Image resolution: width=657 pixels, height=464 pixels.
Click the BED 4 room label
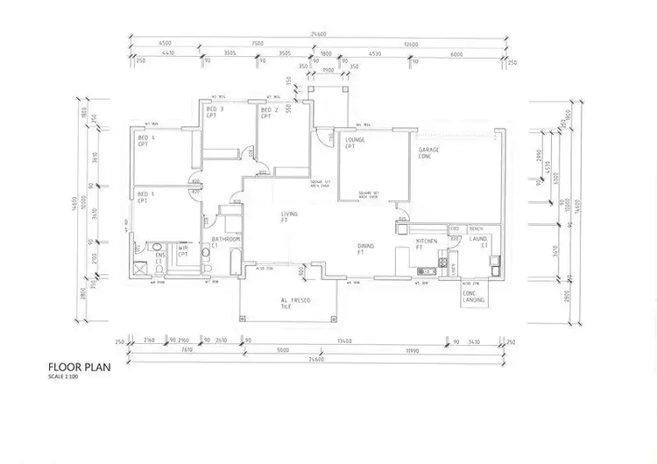click(x=147, y=137)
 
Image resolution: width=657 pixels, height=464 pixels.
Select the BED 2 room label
click(x=270, y=110)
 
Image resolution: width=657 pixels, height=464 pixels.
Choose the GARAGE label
click(x=428, y=151)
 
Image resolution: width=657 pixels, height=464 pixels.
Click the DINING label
click(x=366, y=246)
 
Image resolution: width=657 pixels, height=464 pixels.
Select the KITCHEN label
click(x=426, y=240)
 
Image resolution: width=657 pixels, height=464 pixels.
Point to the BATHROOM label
click(x=226, y=239)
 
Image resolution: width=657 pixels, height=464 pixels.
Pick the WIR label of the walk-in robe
click(x=183, y=249)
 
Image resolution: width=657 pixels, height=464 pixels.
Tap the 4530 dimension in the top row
click(x=375, y=54)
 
